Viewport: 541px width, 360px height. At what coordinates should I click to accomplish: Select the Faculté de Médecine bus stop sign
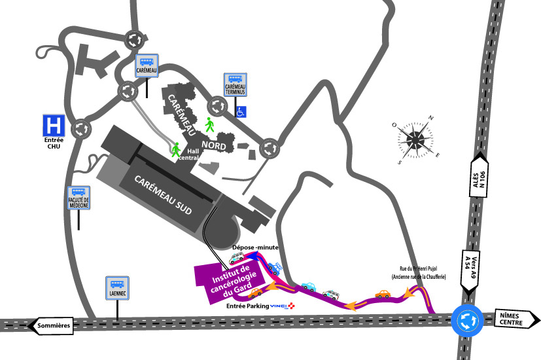[79, 196]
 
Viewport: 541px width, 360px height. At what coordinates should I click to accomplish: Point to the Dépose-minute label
[255, 247]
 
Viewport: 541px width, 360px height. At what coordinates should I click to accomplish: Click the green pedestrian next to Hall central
[175, 150]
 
